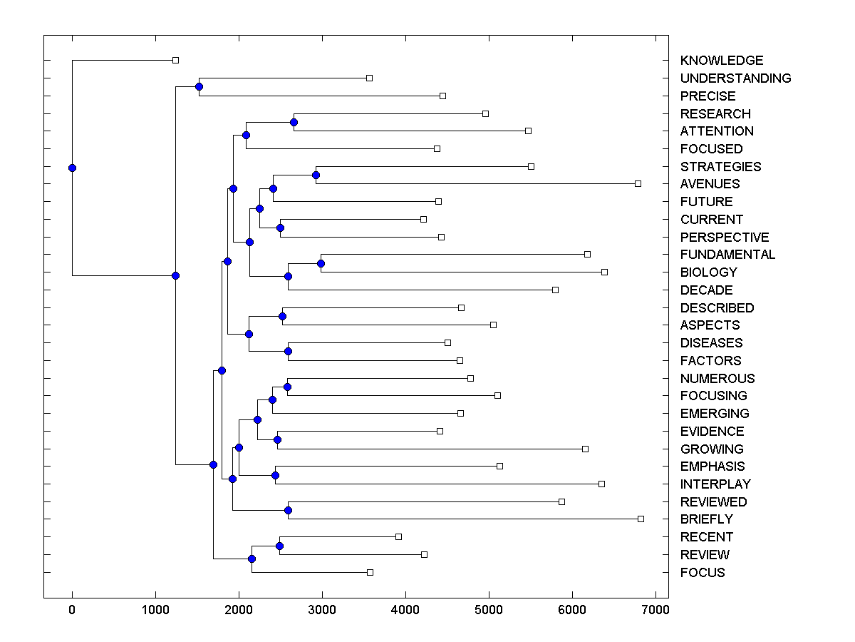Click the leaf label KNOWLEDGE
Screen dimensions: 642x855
(721, 61)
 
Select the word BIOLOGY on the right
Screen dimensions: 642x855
(708, 272)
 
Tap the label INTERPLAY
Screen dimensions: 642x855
(715, 484)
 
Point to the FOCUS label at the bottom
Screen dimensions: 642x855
(702, 573)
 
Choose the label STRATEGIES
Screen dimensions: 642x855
(720, 167)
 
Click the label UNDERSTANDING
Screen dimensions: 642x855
(735, 78)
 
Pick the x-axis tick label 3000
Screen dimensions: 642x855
(322, 610)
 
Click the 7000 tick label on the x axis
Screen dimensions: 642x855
(655, 610)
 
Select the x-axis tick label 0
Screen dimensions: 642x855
(72, 610)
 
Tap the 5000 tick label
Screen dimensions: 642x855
(489, 610)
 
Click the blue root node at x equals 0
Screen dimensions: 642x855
(72, 168)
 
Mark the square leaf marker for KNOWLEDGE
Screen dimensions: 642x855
(176, 61)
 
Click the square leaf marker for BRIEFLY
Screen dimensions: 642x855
(641, 519)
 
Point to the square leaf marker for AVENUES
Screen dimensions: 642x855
(638, 183)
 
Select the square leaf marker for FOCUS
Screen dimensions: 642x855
(370, 572)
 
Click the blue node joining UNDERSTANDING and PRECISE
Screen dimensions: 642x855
(199, 86)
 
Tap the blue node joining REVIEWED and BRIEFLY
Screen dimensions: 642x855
(289, 510)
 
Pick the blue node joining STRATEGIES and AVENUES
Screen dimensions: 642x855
(316, 175)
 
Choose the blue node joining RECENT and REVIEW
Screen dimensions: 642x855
(279, 546)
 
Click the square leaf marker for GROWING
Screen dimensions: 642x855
(585, 449)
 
